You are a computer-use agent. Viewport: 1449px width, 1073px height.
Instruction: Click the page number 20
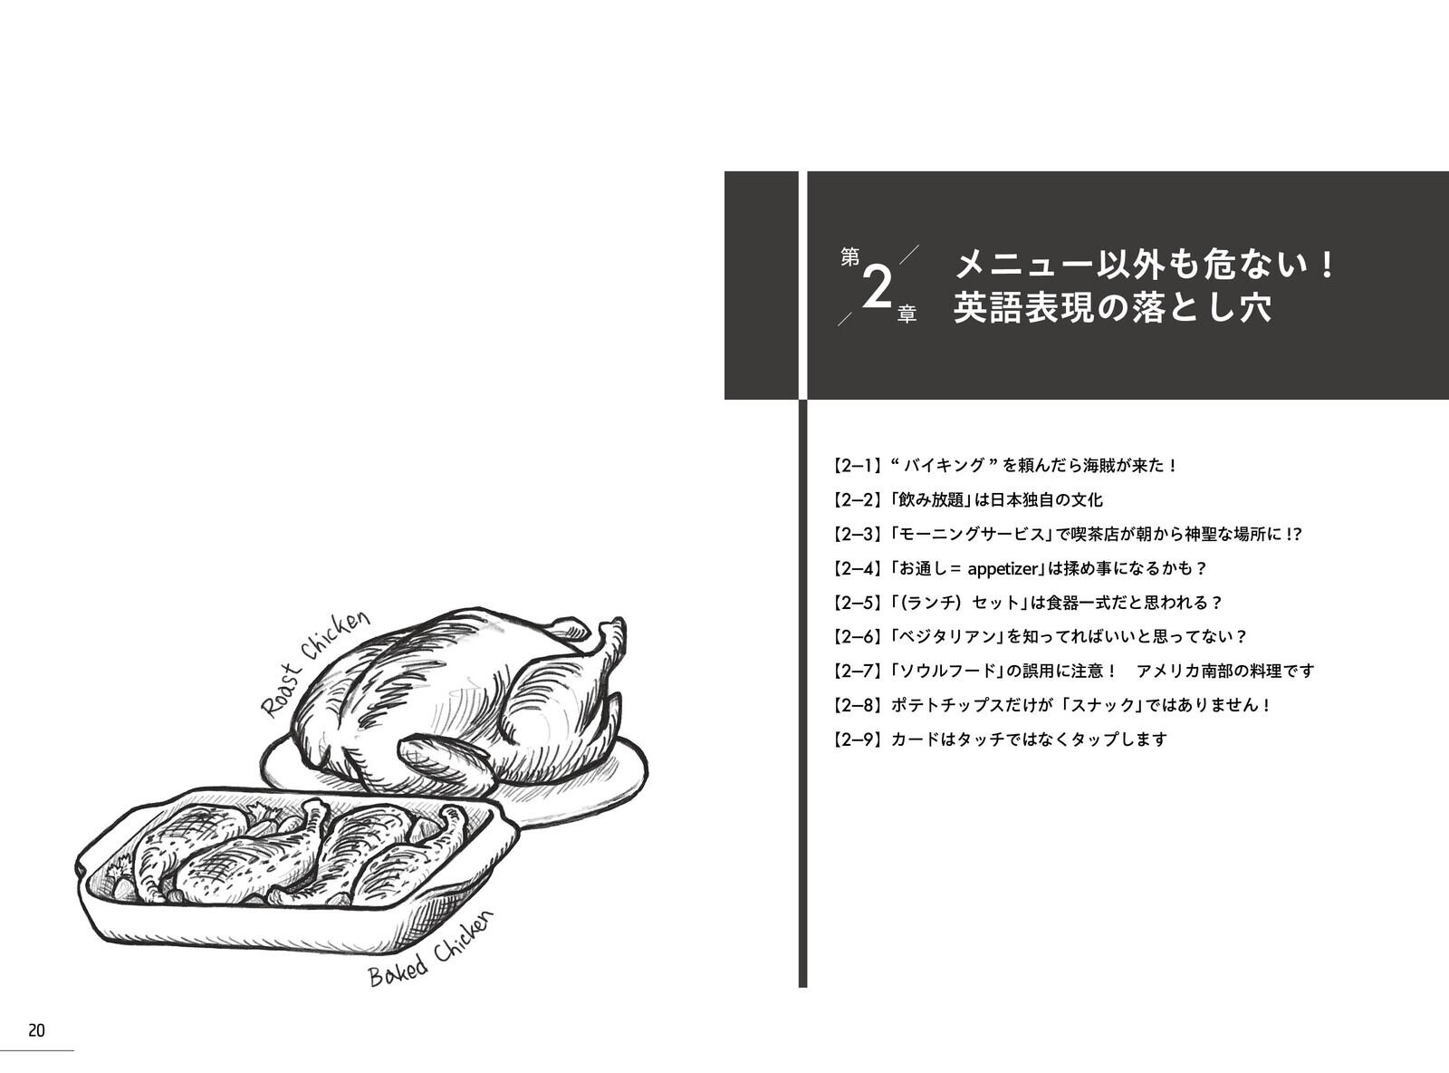[36, 1030]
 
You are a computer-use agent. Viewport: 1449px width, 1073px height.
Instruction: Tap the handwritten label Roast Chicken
[315, 664]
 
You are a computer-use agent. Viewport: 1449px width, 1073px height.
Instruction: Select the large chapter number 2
[878, 289]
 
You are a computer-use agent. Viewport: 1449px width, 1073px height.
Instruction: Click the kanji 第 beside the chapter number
[849, 257]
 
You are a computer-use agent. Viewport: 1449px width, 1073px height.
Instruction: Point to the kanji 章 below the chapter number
[907, 315]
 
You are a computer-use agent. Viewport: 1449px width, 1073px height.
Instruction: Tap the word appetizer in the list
[1004, 569]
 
